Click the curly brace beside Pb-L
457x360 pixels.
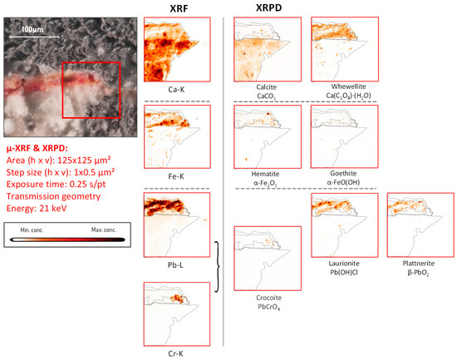coord(219,266)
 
